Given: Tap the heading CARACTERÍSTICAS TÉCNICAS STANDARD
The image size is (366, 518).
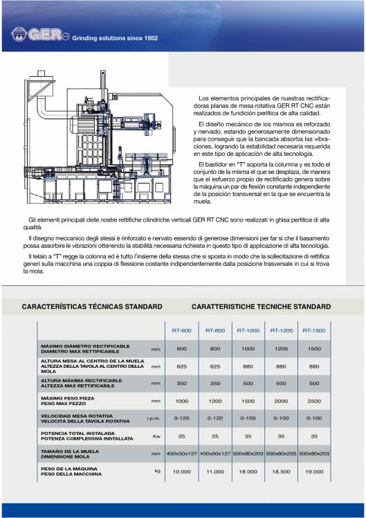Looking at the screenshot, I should (92, 306).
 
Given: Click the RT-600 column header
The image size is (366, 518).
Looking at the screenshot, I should (182, 330).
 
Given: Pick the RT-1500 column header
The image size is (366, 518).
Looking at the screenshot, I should (314, 330).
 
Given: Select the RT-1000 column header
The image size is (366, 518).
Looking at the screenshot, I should (248, 330).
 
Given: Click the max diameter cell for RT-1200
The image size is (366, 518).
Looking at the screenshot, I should (281, 348).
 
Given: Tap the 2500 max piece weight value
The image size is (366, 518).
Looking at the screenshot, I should (314, 401).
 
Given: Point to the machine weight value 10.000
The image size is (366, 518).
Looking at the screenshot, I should (182, 471).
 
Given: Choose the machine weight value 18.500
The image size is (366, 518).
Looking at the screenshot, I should (281, 471).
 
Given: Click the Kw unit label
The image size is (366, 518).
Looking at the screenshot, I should (156, 436).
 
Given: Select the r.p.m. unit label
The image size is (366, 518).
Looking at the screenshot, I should (154, 418).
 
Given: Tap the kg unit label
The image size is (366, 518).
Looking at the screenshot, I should (157, 470).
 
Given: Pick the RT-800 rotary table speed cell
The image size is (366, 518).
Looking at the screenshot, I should (215, 418).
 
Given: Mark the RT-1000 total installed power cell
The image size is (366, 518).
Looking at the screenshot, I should (248, 436).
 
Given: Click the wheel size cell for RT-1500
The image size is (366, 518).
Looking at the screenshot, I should (314, 454).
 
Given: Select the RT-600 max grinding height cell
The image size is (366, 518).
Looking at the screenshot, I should (182, 383).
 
